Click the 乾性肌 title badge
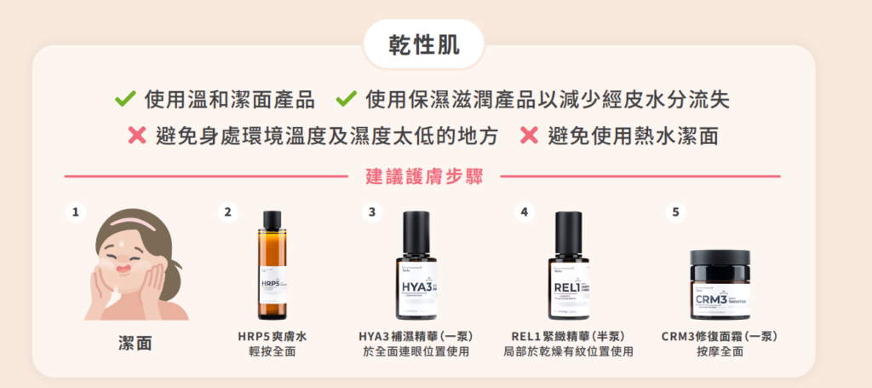tap(423, 45)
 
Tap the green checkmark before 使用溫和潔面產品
tap(126, 100)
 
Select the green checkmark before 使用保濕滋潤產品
tap(346, 100)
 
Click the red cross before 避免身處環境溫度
tap(137, 135)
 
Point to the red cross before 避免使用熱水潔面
tap(529, 135)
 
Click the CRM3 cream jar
tap(717, 286)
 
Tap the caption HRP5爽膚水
tap(272, 337)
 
